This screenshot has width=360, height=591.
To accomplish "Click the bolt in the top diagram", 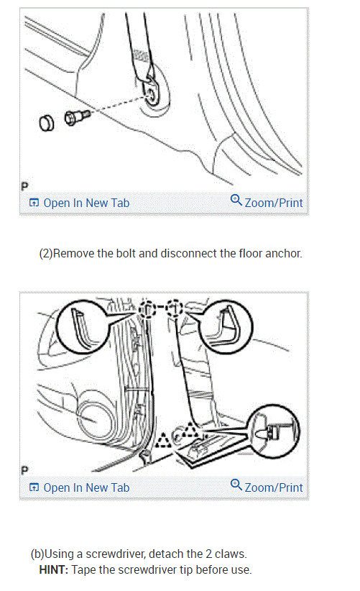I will (74, 116).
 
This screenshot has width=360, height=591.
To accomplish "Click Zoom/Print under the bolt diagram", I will (267, 203).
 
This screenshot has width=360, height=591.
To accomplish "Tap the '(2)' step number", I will (45, 254).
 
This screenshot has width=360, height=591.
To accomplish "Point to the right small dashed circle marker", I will (175, 309).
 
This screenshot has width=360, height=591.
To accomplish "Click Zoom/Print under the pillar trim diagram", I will (267, 487).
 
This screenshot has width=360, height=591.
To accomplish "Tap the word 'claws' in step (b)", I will (232, 554).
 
